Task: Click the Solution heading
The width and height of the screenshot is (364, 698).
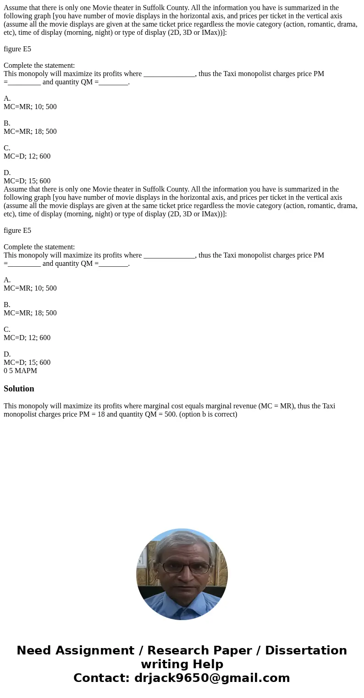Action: point(19,389)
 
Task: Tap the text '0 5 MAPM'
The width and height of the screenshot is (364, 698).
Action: point(20,371)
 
